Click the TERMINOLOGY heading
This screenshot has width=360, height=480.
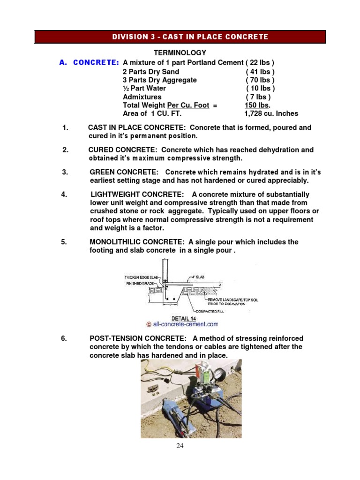[180, 53]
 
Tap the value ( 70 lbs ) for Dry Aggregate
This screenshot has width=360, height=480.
[260, 80]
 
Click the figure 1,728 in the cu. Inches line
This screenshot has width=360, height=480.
[254, 113]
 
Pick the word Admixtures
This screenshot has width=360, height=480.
[142, 97]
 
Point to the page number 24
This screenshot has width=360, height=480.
[180, 446]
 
